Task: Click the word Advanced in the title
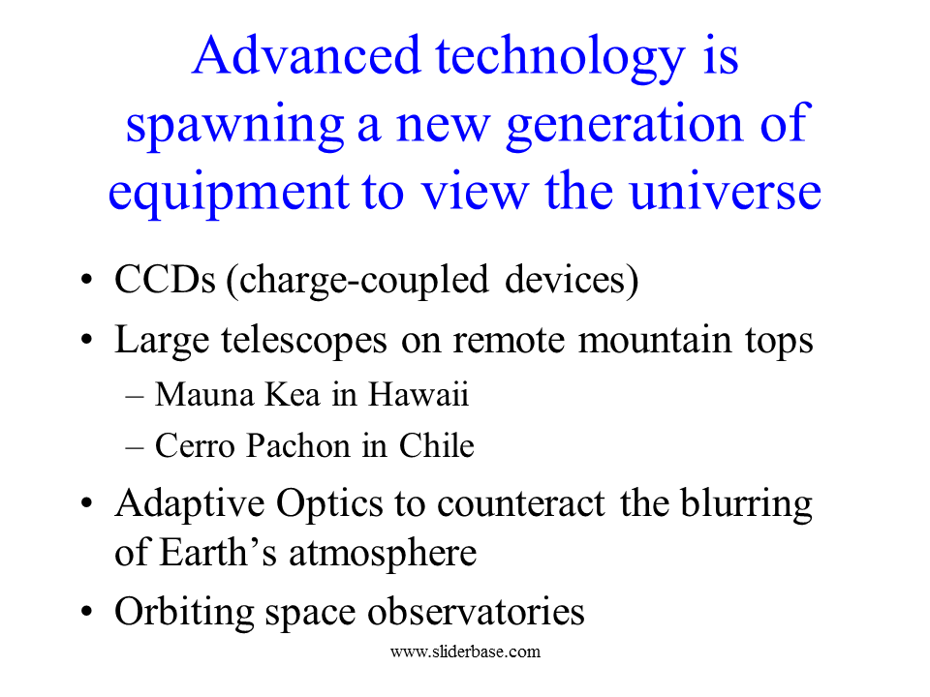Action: point(306,55)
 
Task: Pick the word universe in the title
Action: point(725,191)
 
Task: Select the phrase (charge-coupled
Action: point(358,282)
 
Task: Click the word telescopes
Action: point(304,342)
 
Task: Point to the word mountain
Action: point(655,340)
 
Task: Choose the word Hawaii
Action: point(418,394)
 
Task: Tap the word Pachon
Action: point(298,445)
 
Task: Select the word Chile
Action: point(437,445)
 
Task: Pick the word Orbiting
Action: point(184,613)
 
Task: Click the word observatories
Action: point(476,611)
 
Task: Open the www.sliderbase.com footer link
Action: point(466,652)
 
